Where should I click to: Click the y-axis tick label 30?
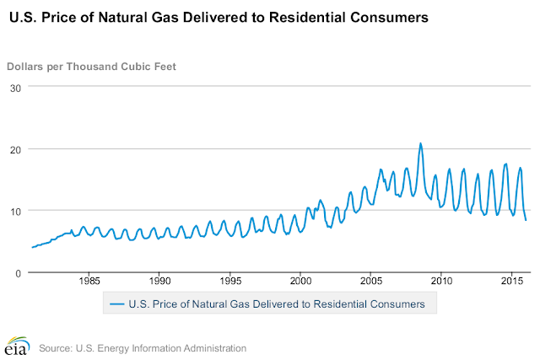point(14,88)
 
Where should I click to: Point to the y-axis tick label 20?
point(14,149)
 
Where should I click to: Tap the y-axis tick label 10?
point(14,211)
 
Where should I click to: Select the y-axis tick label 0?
point(18,272)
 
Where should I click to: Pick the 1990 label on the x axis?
point(160,279)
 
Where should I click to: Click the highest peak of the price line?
point(420,143)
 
